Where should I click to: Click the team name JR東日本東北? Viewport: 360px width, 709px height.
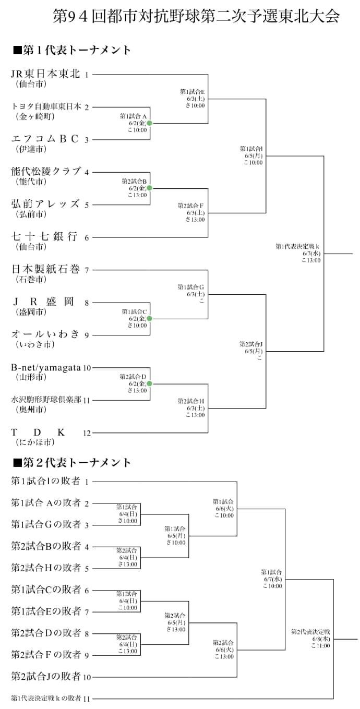click(46, 74)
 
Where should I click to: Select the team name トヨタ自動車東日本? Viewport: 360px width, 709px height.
click(46, 106)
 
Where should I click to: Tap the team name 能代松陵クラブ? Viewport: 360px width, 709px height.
click(46, 172)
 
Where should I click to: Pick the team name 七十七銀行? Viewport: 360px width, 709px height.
click(45, 237)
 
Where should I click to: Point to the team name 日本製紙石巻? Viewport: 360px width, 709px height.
click(46, 269)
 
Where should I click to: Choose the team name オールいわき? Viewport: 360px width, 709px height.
click(46, 334)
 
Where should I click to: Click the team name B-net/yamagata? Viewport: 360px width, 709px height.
click(46, 367)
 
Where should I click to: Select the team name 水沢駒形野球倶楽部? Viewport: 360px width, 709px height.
click(46, 400)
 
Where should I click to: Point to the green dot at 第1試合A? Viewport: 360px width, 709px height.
click(149, 123)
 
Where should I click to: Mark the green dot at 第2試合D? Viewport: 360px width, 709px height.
click(149, 383)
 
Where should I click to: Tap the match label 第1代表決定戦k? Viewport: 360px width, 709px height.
click(297, 246)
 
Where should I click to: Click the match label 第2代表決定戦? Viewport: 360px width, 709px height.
click(310, 632)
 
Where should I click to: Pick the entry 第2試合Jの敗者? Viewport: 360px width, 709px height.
click(46, 677)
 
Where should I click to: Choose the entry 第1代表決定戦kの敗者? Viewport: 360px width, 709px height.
click(46, 698)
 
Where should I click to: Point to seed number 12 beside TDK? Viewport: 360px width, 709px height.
click(87, 433)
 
